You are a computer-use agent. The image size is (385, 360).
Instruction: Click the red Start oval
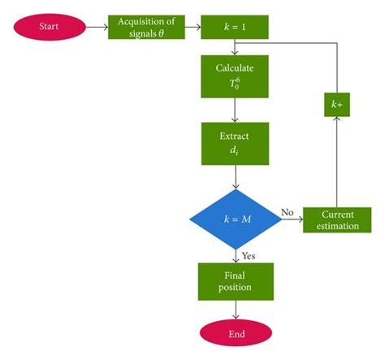(x=50, y=27)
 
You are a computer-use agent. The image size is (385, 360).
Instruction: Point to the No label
(x=288, y=213)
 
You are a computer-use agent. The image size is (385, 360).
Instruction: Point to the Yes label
(x=248, y=255)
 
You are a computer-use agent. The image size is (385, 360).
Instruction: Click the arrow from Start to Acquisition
(x=97, y=27)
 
